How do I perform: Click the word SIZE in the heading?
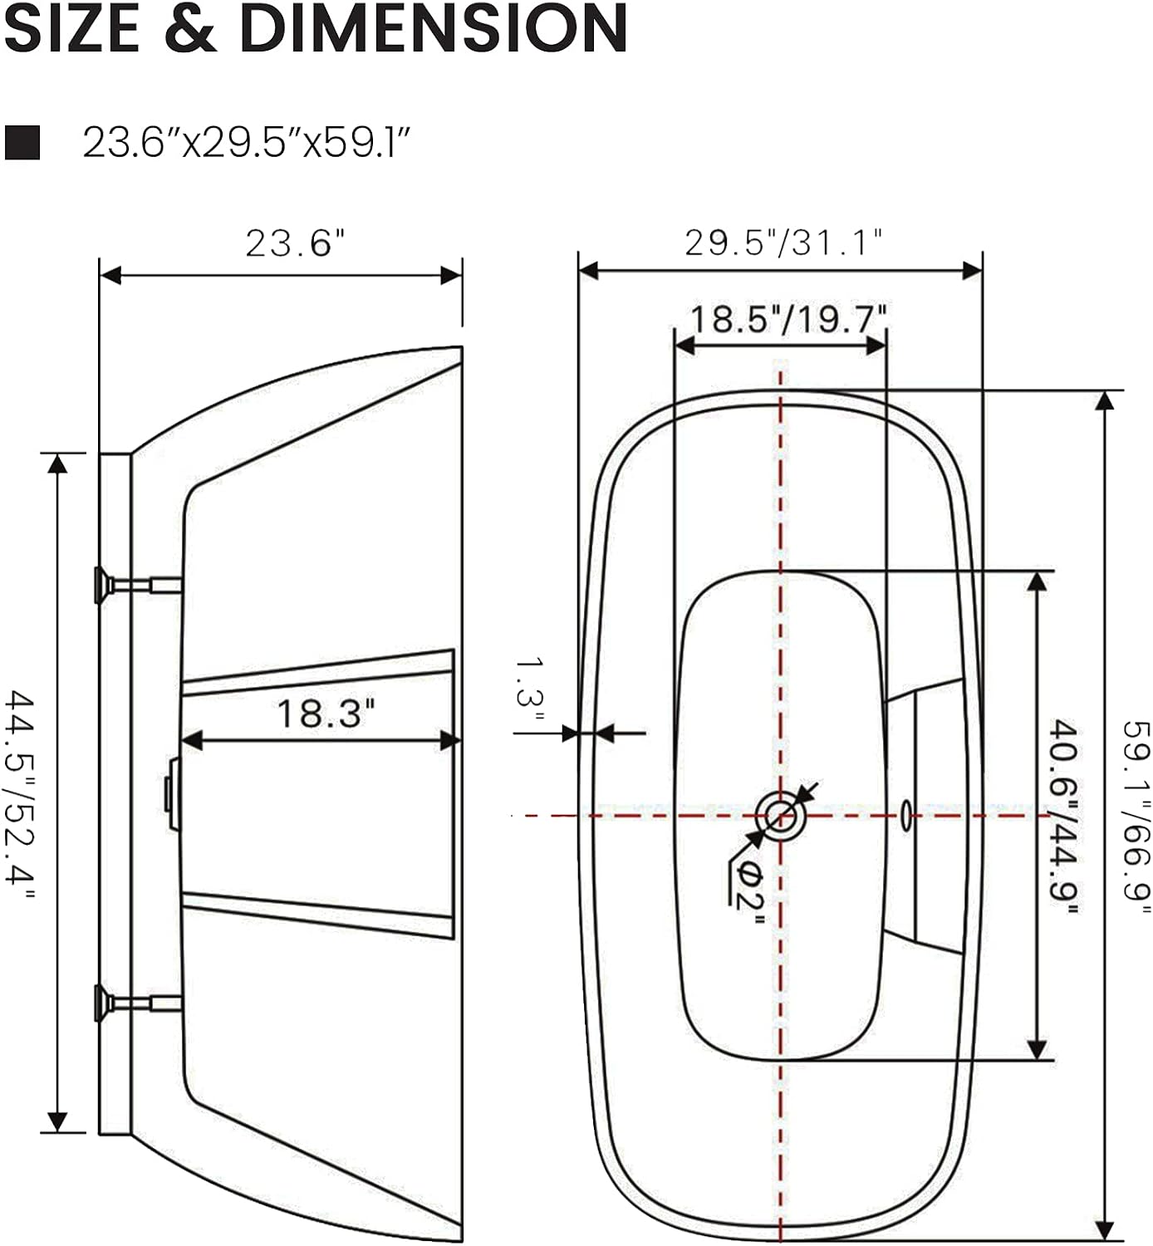(72, 28)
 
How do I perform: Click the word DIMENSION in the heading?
(434, 28)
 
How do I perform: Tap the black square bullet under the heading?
(22, 142)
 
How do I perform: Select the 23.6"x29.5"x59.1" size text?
(246, 143)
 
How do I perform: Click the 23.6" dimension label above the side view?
(295, 243)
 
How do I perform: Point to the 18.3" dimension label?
(326, 714)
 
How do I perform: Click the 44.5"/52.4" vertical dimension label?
(20, 796)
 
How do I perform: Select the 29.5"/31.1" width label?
(783, 243)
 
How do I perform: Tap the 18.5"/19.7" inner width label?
(788, 319)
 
